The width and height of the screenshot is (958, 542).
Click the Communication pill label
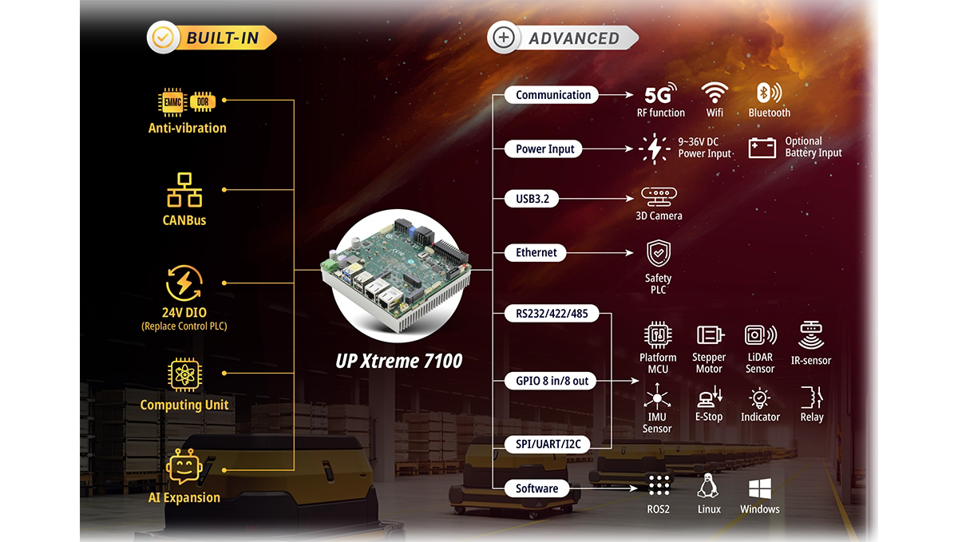click(x=552, y=95)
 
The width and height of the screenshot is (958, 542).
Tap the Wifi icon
click(x=715, y=93)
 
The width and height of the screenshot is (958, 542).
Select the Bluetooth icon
click(x=769, y=93)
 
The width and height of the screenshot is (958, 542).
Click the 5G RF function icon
click(x=660, y=93)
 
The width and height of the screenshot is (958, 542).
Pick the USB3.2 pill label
click(x=532, y=199)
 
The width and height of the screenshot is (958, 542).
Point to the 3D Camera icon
click(x=659, y=196)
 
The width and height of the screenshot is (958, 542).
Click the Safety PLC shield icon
click(x=658, y=253)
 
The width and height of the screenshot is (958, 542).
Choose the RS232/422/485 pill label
click(x=552, y=314)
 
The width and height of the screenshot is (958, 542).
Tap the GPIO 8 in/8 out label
click(x=552, y=381)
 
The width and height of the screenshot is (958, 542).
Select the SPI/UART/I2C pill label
click(x=548, y=444)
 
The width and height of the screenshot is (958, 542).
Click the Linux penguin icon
click(x=708, y=486)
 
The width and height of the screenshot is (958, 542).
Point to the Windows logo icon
click(x=760, y=489)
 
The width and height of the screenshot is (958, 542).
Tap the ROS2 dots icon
click(x=659, y=485)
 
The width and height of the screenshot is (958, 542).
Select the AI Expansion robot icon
click(x=184, y=466)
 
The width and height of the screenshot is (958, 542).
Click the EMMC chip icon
click(x=172, y=102)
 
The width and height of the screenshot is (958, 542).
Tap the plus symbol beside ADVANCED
click(x=504, y=38)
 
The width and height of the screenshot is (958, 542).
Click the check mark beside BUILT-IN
click(x=163, y=38)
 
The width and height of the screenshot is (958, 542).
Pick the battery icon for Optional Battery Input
click(x=762, y=148)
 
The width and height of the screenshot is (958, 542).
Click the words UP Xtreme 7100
click(x=398, y=361)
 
